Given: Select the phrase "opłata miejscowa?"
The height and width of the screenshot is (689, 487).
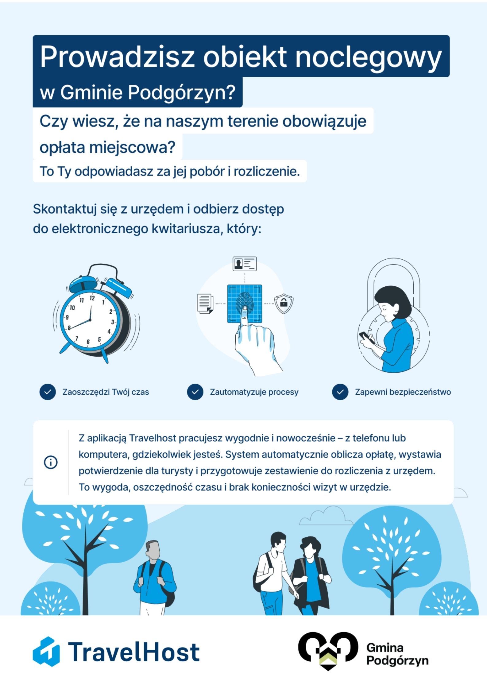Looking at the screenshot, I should coord(107,147).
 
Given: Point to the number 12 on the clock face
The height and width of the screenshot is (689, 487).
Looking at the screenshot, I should coord(92,298).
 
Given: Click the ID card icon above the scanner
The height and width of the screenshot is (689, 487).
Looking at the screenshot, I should coord(245,264).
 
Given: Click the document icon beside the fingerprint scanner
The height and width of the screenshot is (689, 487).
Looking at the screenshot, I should coord(205,303).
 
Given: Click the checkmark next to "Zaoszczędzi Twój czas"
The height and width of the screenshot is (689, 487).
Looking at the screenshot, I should coord(48,392).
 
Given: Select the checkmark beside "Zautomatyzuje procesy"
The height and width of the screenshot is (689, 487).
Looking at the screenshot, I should coord(195,392).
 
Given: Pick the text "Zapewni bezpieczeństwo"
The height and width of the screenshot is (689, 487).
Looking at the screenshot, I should coord(403,392).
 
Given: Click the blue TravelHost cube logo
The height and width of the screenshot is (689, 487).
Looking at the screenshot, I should coord(46,651).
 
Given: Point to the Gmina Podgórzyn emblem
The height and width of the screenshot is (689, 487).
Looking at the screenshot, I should coord(328,650).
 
